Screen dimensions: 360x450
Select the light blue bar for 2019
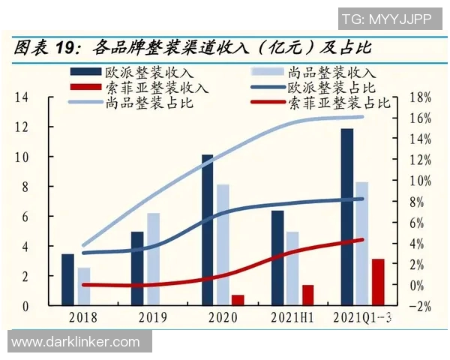[153, 259]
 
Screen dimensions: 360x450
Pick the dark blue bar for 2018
[68, 280]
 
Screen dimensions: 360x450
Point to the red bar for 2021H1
[307, 295]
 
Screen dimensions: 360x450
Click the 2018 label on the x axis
[83, 318]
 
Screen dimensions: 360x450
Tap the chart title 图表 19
[45, 49]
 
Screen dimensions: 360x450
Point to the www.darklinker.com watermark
[75, 342]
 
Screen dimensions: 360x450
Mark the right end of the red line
[362, 240]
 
